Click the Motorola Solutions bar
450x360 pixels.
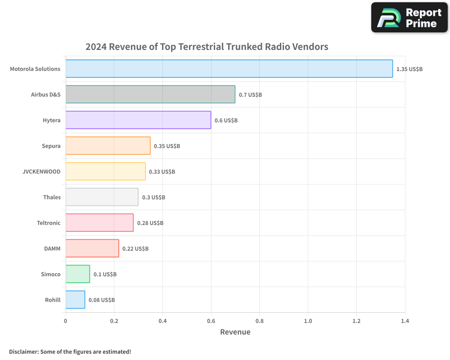click(x=229, y=69)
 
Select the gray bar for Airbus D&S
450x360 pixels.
click(x=150, y=94)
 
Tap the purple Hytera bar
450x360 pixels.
click(x=138, y=120)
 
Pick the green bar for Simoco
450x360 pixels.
click(x=77, y=274)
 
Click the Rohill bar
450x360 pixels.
click(x=75, y=300)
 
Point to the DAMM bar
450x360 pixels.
click(x=92, y=248)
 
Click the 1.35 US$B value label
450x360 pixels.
click(x=409, y=69)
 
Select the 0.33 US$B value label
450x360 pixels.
click(x=162, y=172)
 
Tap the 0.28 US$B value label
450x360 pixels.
click(x=150, y=223)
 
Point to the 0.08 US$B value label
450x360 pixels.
click(x=102, y=300)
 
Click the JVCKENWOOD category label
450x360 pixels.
click(x=41, y=171)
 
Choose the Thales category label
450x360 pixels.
click(x=52, y=197)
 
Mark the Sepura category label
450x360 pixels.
click(x=51, y=146)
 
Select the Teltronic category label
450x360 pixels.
click(x=49, y=223)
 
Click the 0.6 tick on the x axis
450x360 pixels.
click(x=211, y=321)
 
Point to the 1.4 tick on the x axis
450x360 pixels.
click(x=405, y=321)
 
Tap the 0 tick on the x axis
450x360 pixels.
click(x=66, y=321)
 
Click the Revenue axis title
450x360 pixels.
click(x=235, y=332)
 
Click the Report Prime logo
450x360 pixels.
click(x=409, y=18)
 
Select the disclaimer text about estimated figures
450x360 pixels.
click(x=70, y=351)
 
